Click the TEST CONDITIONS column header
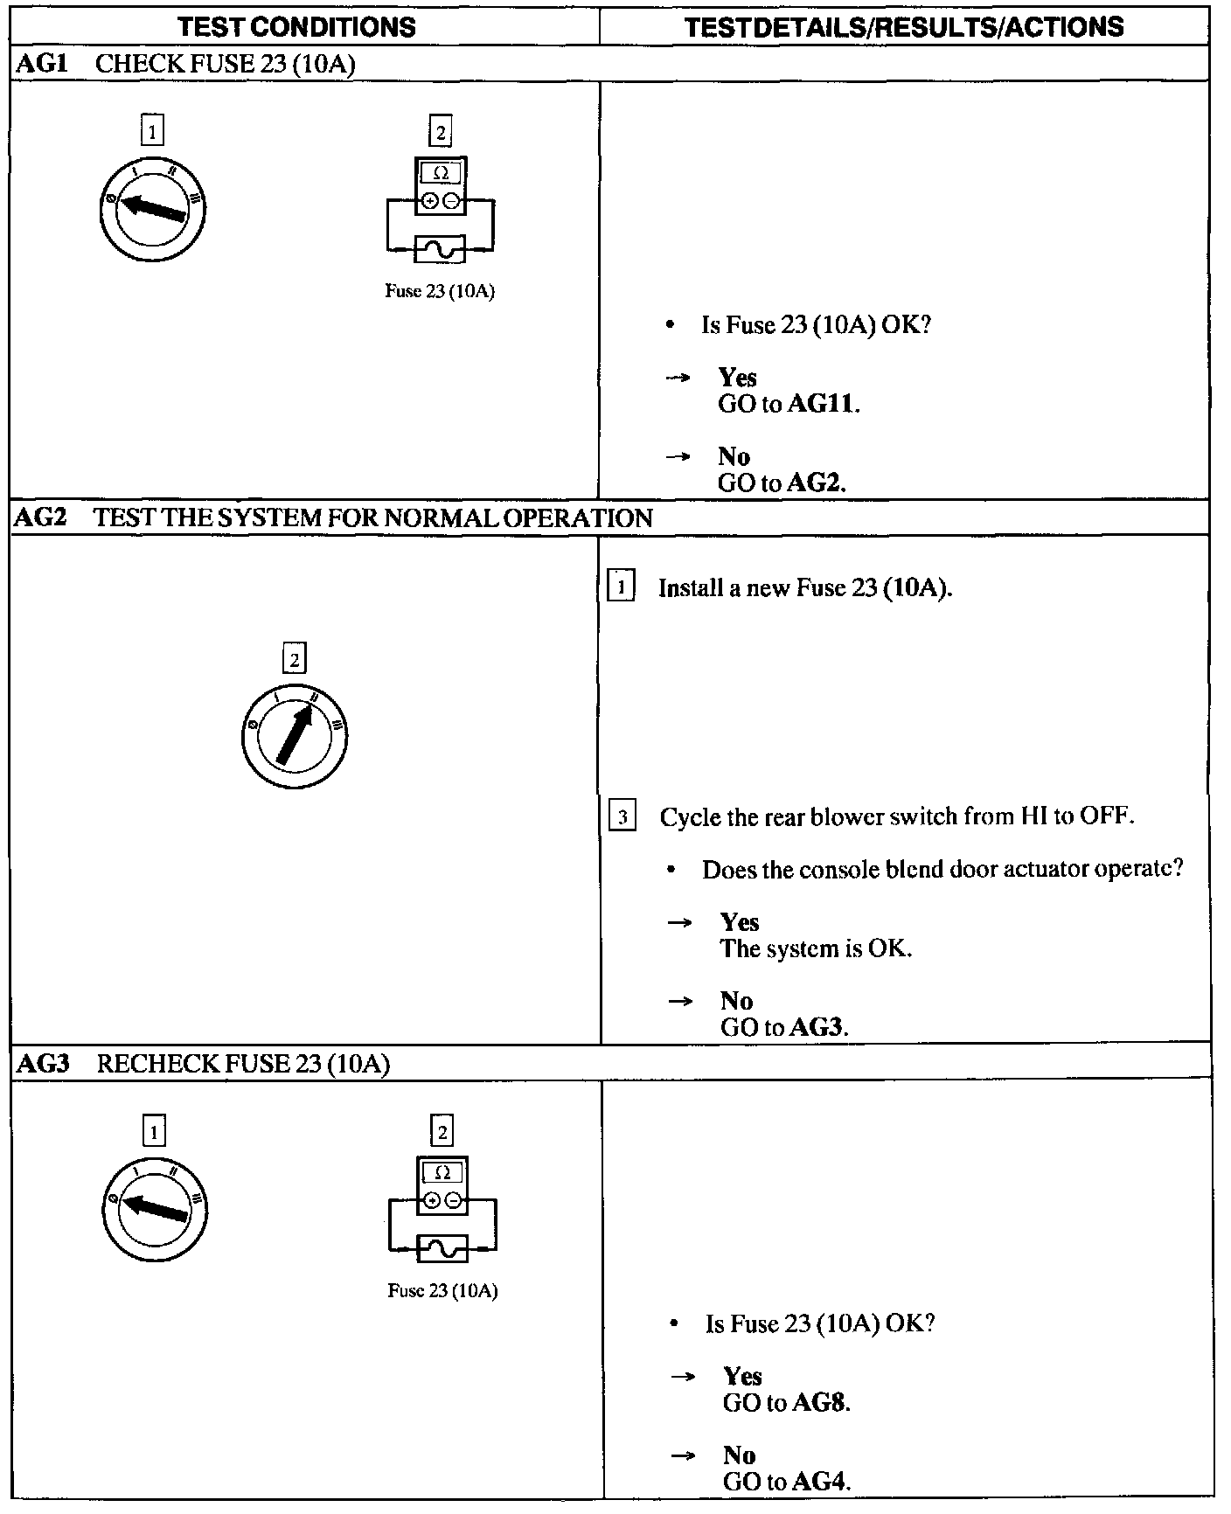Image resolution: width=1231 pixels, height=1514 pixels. tap(296, 27)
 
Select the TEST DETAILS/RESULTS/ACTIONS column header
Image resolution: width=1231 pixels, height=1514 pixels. tap(904, 27)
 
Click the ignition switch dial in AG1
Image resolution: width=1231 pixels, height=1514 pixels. tap(153, 209)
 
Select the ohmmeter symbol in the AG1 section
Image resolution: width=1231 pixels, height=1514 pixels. tap(441, 185)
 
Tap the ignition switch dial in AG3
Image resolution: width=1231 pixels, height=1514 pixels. tap(155, 1208)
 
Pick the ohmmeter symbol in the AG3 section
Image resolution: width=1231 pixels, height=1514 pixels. tap(442, 1185)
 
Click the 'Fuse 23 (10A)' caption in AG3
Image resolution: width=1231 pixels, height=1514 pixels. tap(442, 1291)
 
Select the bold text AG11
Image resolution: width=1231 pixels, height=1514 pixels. tap(822, 405)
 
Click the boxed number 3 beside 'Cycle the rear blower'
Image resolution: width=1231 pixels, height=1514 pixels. tap(622, 817)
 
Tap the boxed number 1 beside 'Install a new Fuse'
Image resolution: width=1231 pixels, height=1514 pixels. tap(621, 587)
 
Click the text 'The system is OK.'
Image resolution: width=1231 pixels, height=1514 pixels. tap(816, 948)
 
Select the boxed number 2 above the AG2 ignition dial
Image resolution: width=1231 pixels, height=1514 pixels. tap(295, 659)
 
